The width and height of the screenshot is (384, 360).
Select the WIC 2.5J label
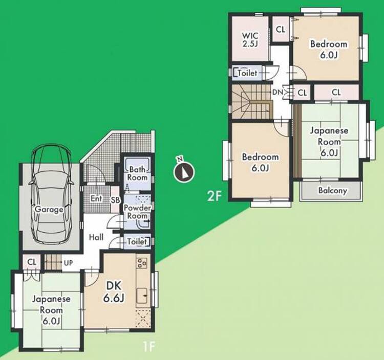tap(250, 39)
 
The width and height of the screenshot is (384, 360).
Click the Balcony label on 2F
tap(333, 191)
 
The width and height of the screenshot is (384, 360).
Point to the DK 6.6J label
tap(114, 291)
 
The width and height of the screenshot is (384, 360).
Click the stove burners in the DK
tap(142, 263)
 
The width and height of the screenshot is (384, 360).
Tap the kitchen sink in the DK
tap(142, 296)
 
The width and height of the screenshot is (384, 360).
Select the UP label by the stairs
tap(68, 263)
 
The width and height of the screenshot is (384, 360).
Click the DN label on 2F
tap(278, 92)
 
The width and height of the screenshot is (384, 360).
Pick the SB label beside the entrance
tap(115, 200)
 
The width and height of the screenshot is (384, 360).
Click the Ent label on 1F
tap(96, 198)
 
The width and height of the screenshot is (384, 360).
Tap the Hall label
tap(96, 237)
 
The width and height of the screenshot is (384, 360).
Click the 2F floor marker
tap(215, 196)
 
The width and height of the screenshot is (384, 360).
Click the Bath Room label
tap(137, 173)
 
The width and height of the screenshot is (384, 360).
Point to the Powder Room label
tap(137, 212)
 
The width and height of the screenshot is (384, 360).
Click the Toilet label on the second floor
tap(247, 73)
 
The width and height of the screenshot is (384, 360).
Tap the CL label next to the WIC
tap(281, 30)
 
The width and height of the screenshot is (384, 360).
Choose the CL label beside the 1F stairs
tap(32, 262)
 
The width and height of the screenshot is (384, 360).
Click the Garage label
tap(49, 209)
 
